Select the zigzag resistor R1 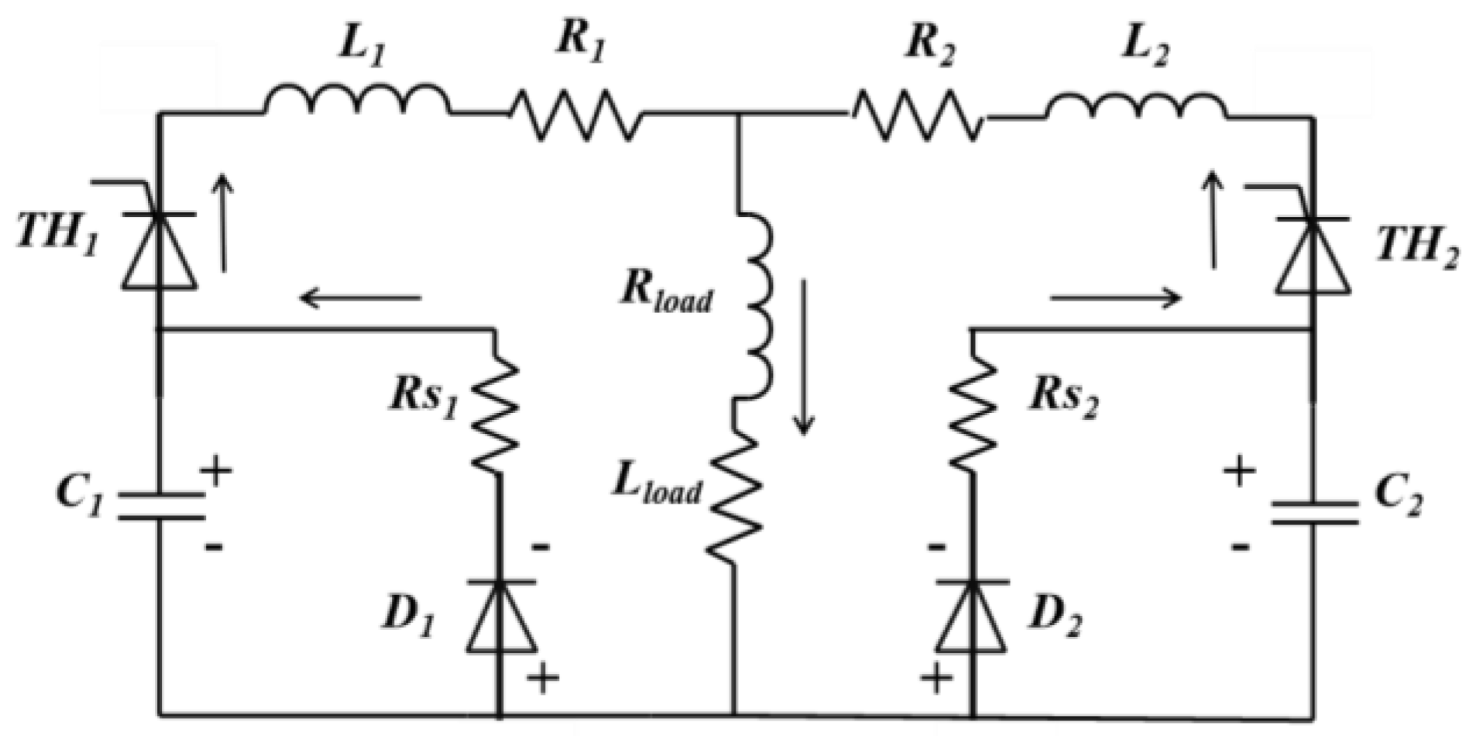coord(575,115)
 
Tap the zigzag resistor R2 coord(918,116)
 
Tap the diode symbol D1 coord(500,616)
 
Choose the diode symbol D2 coord(972,616)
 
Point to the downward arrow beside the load coord(803,356)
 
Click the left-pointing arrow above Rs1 coord(361,297)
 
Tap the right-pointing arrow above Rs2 coord(1116,297)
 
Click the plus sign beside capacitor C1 coord(216,470)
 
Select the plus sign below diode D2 coord(936,679)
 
